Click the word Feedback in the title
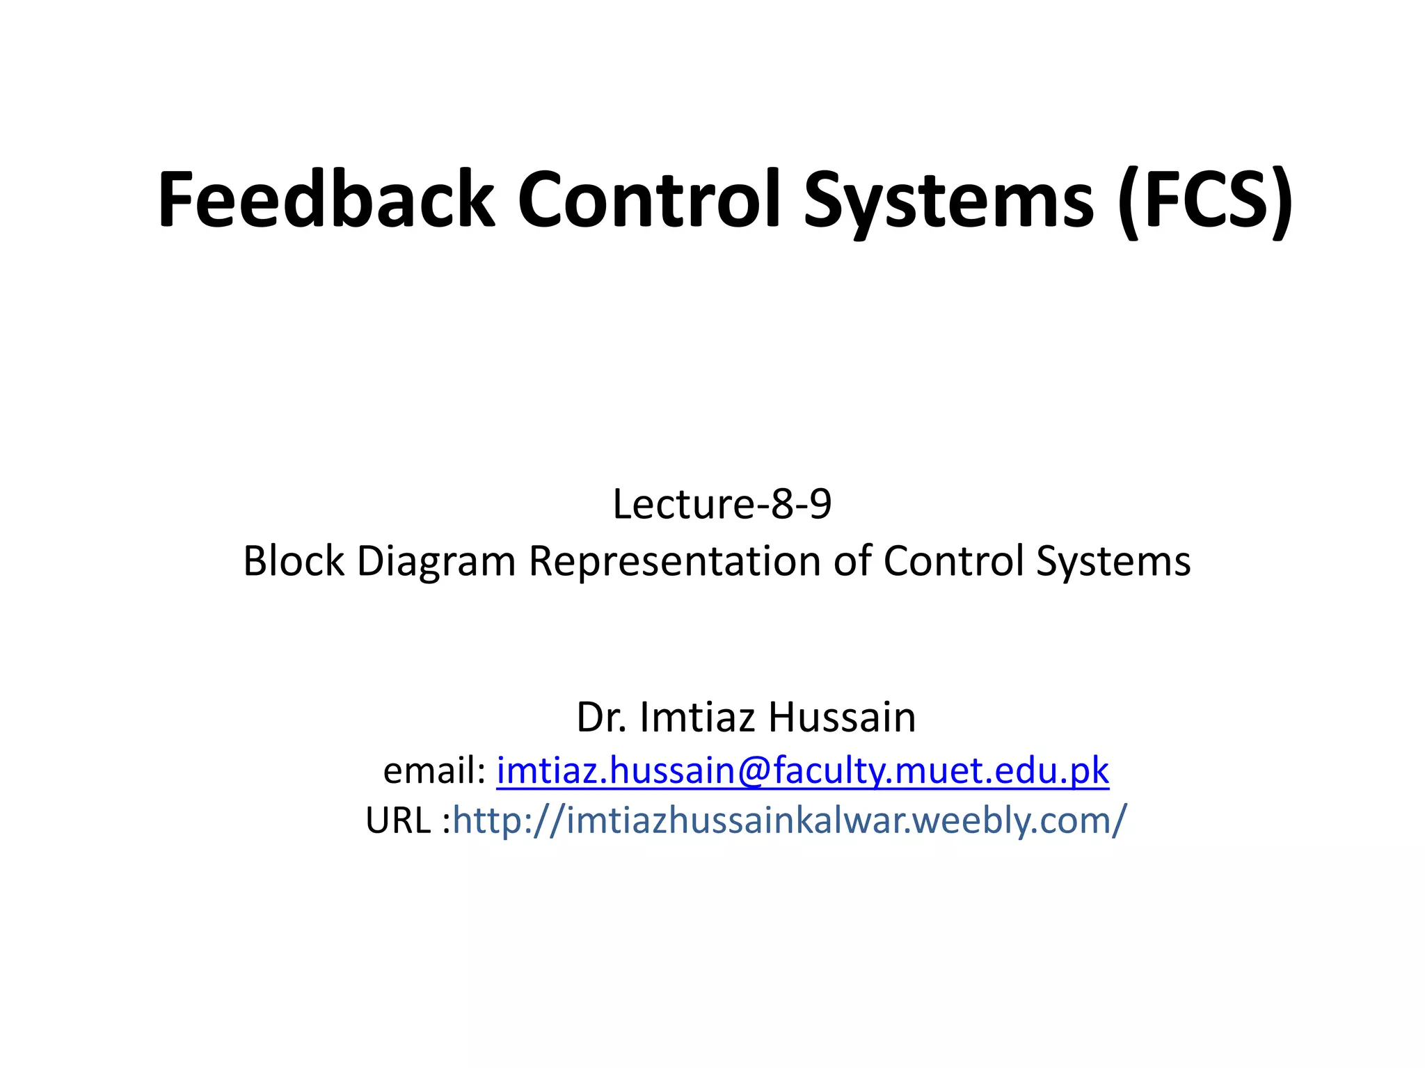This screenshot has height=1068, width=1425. [x=326, y=200]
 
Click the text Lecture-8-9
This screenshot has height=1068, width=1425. [x=722, y=504]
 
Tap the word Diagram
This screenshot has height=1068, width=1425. [x=436, y=562]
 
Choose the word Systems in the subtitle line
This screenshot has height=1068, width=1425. [x=1113, y=562]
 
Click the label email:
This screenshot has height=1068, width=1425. [x=434, y=770]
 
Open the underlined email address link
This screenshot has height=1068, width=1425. [x=802, y=771]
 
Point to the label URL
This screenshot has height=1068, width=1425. [x=398, y=820]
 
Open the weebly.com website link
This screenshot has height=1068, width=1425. [x=789, y=821]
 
